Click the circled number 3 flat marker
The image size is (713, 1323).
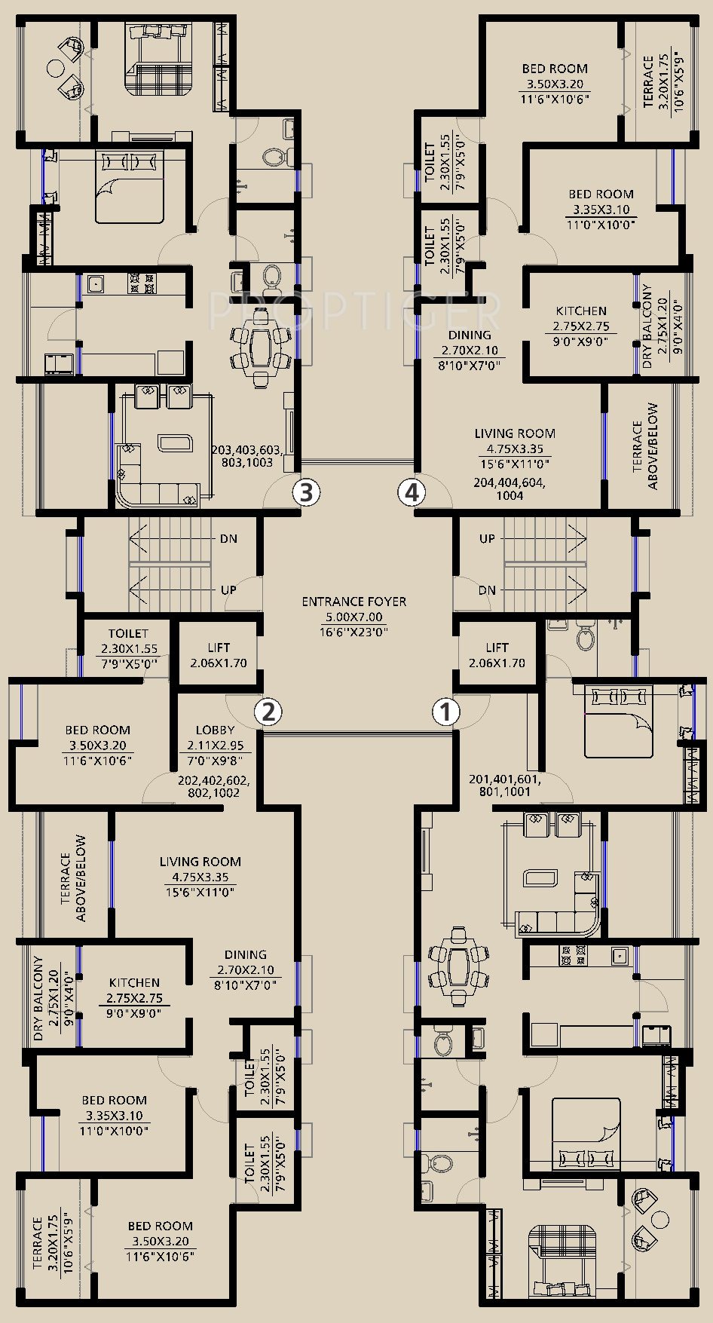click(306, 493)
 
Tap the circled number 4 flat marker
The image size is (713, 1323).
click(411, 493)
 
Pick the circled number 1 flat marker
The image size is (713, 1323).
click(445, 712)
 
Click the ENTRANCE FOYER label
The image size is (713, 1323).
click(353, 602)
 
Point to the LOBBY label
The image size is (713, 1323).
click(215, 730)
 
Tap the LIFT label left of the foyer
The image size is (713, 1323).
click(219, 648)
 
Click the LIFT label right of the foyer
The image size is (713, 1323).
click(497, 648)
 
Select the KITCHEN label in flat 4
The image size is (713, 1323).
click(581, 311)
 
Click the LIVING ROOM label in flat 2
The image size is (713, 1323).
click(200, 862)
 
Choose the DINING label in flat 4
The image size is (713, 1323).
click(470, 335)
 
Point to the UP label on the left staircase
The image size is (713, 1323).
click(228, 590)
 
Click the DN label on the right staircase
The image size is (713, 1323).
click(487, 590)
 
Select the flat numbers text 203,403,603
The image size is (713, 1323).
click(247, 450)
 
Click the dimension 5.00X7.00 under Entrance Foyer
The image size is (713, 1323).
click(353, 617)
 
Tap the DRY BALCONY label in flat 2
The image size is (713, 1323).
click(38, 999)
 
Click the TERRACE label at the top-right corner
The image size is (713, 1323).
click(648, 81)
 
